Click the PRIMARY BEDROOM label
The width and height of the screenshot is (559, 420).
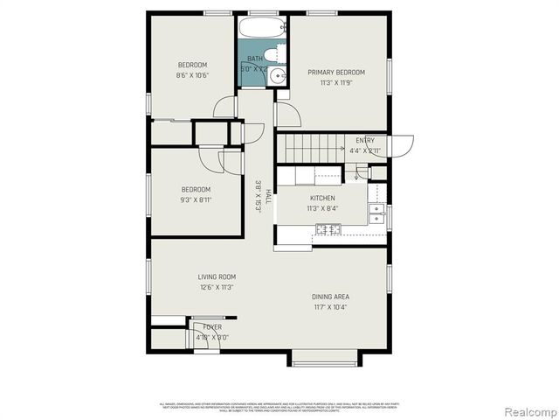coord(336,72)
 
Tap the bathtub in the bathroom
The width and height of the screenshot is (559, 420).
coord(262,28)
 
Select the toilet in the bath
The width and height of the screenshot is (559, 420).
coord(273,54)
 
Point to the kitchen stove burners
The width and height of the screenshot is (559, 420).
coord(328,229)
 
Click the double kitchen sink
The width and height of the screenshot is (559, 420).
coord(376,213)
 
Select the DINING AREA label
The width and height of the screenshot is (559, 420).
coord(331,297)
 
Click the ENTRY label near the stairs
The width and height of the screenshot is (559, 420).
coord(365,140)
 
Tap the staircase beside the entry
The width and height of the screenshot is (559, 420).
coord(310,147)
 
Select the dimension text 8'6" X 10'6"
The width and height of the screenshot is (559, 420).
coord(193,75)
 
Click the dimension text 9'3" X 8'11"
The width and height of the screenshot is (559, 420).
coord(197,199)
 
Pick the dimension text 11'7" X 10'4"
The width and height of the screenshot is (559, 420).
coord(331,307)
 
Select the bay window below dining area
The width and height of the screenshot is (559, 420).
coord(325,359)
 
